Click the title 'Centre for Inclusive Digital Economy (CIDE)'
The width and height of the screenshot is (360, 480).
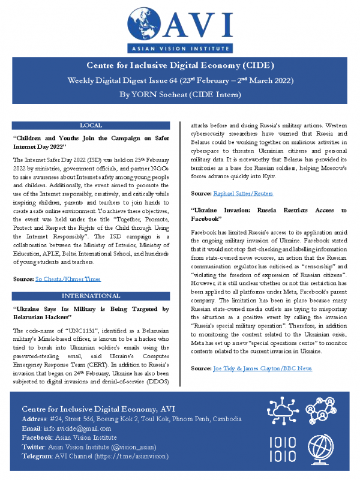[x=180, y=65]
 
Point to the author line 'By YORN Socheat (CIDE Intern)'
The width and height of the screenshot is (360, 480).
[x=180, y=94]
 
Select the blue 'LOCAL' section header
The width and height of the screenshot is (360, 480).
[x=90, y=125]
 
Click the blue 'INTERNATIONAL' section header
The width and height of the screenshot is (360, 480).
[x=90, y=297]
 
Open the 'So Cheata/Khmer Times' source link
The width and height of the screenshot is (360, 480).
[x=67, y=279]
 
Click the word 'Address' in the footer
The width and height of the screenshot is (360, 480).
[x=35, y=419]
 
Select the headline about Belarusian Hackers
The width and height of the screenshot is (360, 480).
[x=90, y=314]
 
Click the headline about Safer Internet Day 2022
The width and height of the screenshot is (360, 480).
[x=90, y=142]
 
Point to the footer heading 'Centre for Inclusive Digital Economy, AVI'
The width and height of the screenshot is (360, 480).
[x=110, y=409]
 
